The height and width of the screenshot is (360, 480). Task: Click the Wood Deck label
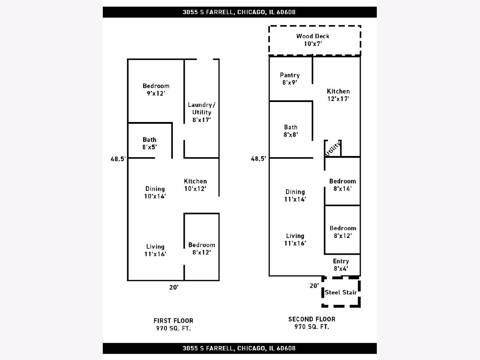point(313,40)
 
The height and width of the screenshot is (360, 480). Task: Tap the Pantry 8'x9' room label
point(290,79)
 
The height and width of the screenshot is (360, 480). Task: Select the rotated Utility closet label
point(333,149)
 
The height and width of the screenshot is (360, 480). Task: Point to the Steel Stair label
point(341,292)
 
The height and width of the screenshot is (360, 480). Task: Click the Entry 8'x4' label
point(341,265)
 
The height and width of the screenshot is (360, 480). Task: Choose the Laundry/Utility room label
point(202,112)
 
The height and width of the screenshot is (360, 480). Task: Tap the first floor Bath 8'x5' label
point(150,143)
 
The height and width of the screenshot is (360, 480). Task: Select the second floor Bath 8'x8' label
point(291,131)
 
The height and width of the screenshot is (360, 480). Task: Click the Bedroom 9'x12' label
point(156,90)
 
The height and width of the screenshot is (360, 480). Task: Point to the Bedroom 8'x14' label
point(342,185)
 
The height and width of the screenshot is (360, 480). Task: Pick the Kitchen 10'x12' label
point(195,185)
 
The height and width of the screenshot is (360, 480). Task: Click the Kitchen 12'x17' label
point(338,95)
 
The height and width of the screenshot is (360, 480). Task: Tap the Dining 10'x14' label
point(155,192)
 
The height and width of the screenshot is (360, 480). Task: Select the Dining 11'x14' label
point(295,196)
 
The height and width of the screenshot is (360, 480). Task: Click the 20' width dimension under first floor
point(174,287)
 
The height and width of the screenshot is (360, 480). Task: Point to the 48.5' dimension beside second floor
point(258,158)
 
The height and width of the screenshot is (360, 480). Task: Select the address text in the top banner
point(239,12)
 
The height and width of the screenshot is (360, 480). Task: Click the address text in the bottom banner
point(239,348)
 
